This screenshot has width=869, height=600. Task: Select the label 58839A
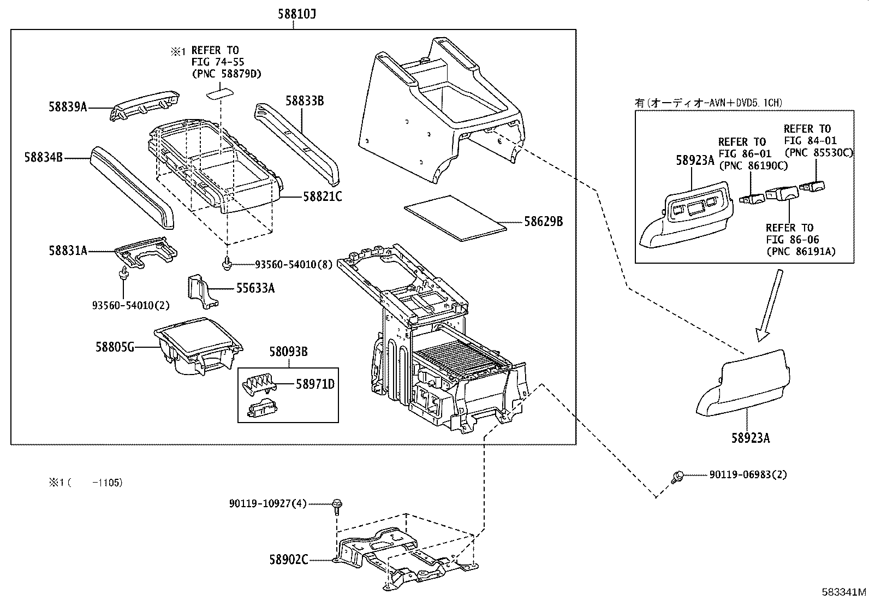tap(68, 107)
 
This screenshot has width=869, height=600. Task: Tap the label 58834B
tap(44, 158)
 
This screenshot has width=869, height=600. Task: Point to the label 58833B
tap(305, 100)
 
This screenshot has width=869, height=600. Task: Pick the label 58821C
tap(322, 197)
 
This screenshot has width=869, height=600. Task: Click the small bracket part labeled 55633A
tap(200, 288)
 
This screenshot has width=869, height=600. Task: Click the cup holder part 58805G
tap(197, 347)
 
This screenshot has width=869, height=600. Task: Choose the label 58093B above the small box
tap(288, 352)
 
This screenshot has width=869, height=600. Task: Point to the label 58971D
tap(315, 385)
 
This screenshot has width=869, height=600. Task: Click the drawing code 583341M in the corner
tap(844, 592)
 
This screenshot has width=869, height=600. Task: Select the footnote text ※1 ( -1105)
tap(84, 483)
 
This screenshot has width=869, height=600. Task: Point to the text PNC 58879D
tap(226, 74)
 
